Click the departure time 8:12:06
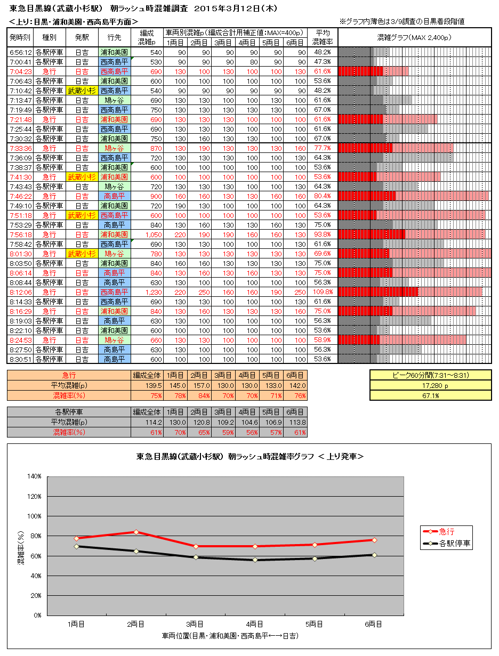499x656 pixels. point(21,292)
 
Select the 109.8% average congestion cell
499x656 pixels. point(323,292)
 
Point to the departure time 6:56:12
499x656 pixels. point(21,52)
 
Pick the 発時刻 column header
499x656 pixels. point(21,37)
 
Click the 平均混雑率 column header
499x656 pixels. point(323,37)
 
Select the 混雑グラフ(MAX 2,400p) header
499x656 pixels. point(414,37)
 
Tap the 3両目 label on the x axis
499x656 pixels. point(195,623)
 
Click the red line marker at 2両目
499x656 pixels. point(136,532)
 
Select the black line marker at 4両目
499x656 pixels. point(255,560)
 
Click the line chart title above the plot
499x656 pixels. point(250,457)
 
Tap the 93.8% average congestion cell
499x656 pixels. point(323,234)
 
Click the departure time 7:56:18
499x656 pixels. point(21,234)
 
